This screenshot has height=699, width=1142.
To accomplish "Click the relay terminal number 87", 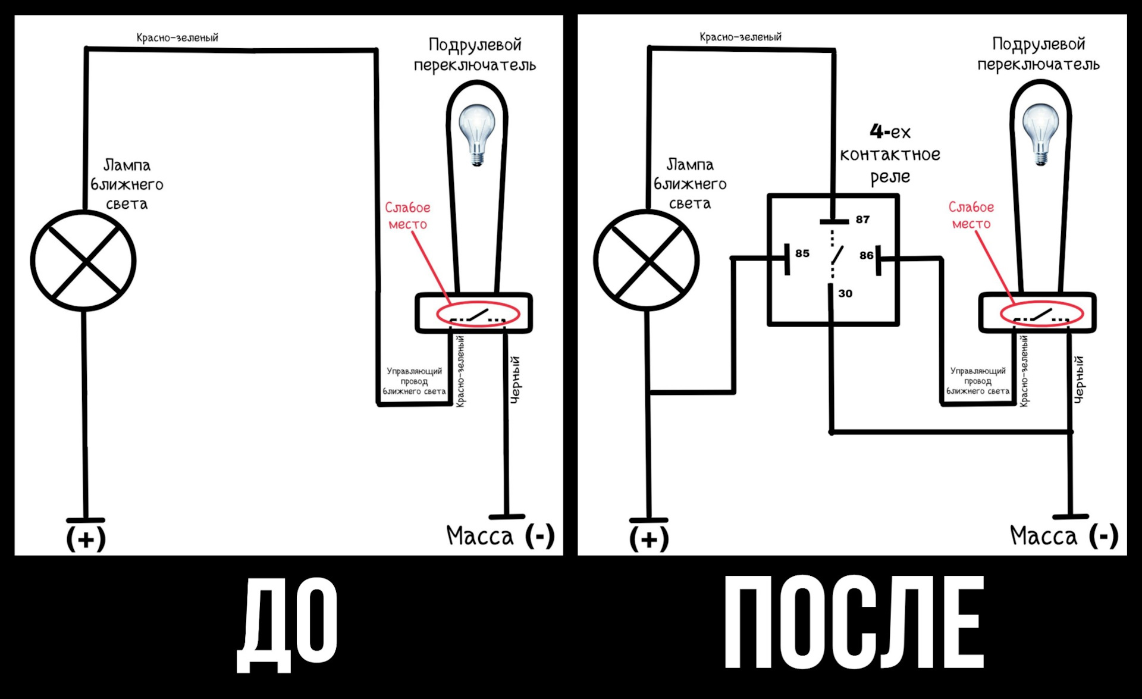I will pyautogui.click(x=862, y=220).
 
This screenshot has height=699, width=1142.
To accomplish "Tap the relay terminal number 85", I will pyautogui.click(x=802, y=253).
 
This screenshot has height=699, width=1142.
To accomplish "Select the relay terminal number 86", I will pyautogui.click(x=866, y=255).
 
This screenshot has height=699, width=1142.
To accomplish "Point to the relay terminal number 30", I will pyautogui.click(x=845, y=293).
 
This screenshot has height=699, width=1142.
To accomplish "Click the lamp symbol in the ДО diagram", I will pyautogui.click(x=83, y=261).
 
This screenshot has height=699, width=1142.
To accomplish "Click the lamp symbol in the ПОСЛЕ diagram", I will pyautogui.click(x=647, y=261).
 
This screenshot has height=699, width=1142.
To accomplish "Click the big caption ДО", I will pyautogui.click(x=287, y=625).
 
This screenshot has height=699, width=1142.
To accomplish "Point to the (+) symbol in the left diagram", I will pyautogui.click(x=86, y=539).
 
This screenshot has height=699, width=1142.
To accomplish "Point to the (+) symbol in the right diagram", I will pyautogui.click(x=649, y=539).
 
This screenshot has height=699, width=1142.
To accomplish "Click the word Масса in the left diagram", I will pyautogui.click(x=479, y=536).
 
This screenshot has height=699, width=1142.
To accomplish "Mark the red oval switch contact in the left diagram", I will pyautogui.click(x=478, y=314).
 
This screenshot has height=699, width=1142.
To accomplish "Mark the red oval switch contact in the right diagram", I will pyautogui.click(x=1041, y=314).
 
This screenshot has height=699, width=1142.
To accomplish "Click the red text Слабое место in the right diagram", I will pyautogui.click(x=971, y=215).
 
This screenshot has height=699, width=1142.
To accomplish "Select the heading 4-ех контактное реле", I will pyautogui.click(x=890, y=154).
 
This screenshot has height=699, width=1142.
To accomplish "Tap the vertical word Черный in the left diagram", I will pyautogui.click(x=516, y=380).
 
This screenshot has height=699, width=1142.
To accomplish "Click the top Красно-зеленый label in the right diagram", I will pyautogui.click(x=741, y=37).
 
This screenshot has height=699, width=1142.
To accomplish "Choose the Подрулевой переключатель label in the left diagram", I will pyautogui.click(x=475, y=55).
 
